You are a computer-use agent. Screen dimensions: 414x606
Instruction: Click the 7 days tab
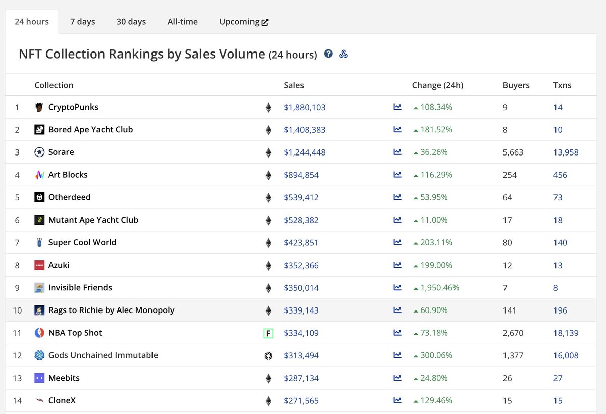tap(82, 22)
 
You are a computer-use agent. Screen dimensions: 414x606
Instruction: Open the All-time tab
tap(182, 22)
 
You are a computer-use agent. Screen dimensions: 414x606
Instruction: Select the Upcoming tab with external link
tap(243, 22)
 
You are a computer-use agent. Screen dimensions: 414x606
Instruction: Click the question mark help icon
tap(328, 54)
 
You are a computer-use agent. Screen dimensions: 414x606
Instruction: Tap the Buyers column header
tap(516, 85)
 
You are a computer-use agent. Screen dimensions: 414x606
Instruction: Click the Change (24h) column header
tap(437, 85)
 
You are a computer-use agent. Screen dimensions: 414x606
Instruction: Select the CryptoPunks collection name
tap(73, 107)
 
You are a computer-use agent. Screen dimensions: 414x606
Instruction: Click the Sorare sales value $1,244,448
tap(305, 152)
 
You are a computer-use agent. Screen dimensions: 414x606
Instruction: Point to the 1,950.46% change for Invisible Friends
tap(436, 288)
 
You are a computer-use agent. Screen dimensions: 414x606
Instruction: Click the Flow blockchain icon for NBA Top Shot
tap(268, 333)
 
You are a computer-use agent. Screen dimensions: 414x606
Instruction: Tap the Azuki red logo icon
tap(39, 265)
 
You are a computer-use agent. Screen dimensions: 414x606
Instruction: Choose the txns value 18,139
tap(566, 333)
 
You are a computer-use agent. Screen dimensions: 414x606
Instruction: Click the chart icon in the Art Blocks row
tap(397, 175)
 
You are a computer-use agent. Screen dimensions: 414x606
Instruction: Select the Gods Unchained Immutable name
tap(103, 355)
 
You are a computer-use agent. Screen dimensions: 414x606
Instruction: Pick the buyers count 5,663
tap(513, 152)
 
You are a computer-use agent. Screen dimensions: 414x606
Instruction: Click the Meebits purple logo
tap(39, 378)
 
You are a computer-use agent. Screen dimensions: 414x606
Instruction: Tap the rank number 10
tap(17, 310)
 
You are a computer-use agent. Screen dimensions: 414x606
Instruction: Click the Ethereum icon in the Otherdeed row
tap(268, 197)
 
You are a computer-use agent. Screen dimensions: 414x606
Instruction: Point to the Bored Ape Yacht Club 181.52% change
tap(433, 130)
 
